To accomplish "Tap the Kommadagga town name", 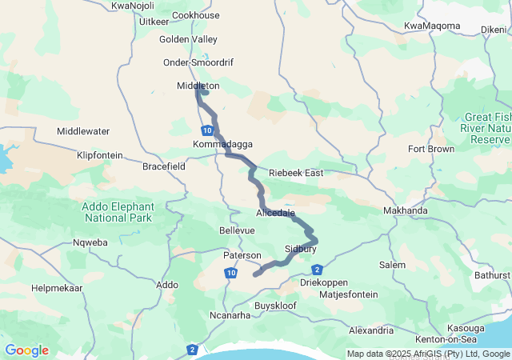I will tap(222, 144).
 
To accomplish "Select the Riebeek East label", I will tap(295, 173).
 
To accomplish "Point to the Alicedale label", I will tap(276, 214).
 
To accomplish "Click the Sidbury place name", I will tap(301, 249).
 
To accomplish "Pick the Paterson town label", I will tap(242, 255).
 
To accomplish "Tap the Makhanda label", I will tap(405, 210).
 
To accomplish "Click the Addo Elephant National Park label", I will tap(118, 211).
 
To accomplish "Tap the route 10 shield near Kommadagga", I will tap(207, 130).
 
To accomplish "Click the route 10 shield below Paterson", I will tap(230, 274).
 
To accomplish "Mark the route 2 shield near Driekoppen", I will tap(318, 269).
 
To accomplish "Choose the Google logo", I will tap(26, 350).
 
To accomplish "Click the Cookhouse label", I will tap(195, 15).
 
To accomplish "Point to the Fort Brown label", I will tap(431, 150).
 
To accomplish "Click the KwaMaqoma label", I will tap(432, 26).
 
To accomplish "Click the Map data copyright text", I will tap(428, 354).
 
